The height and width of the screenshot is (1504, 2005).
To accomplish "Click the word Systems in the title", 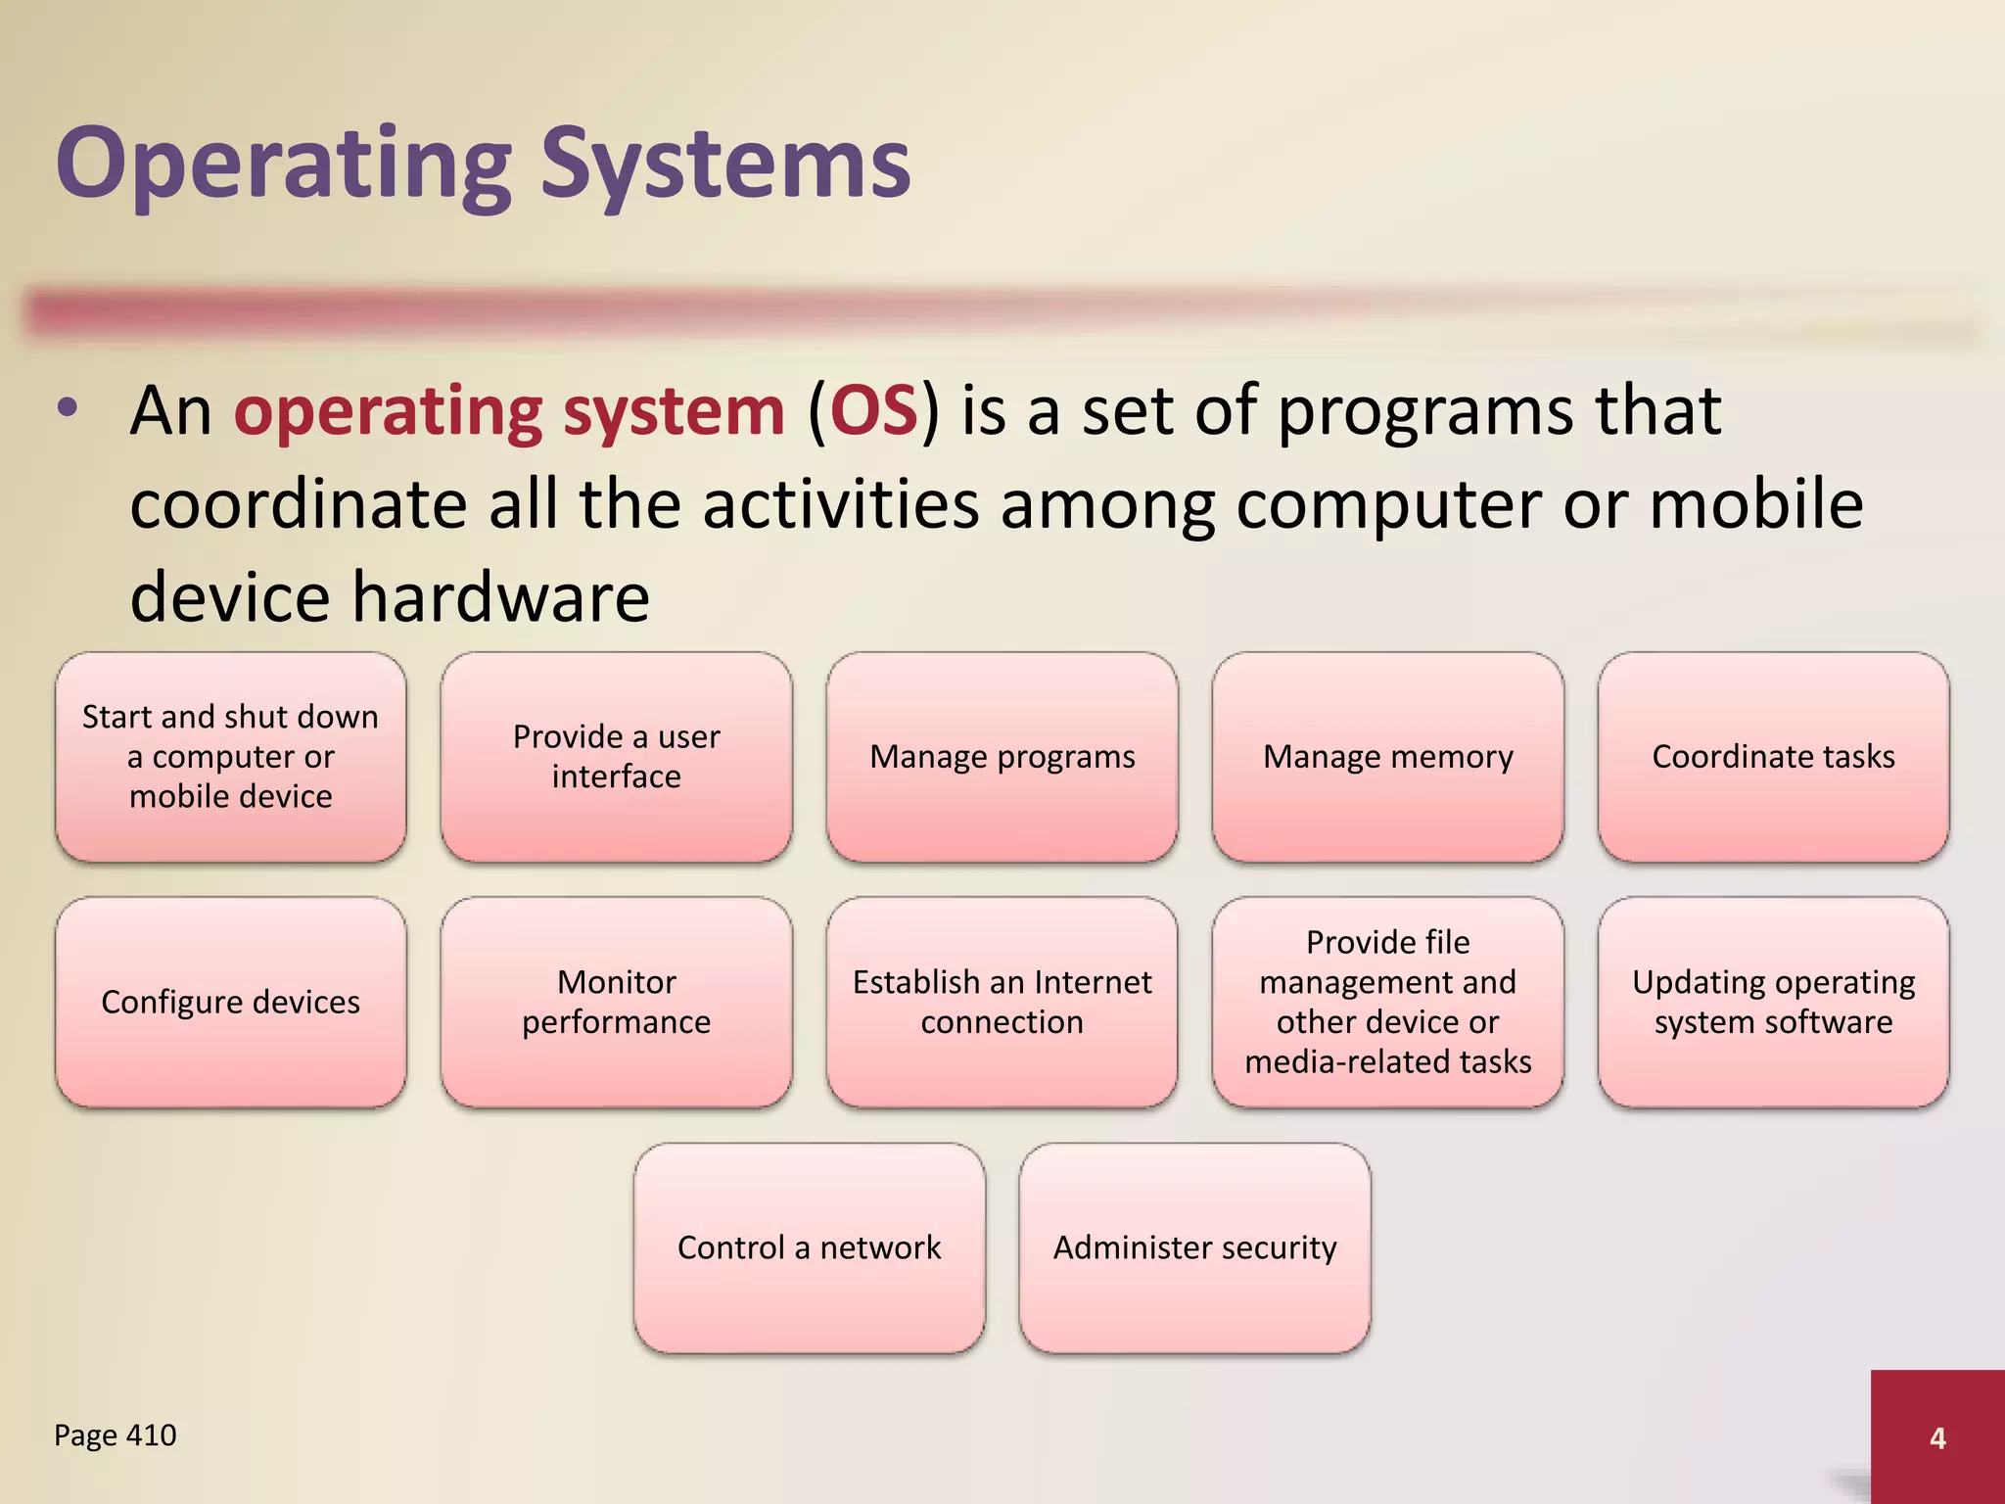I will [725, 164].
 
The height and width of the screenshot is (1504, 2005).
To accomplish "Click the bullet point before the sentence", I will [67, 409].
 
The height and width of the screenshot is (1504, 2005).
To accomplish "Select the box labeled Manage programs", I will [1002, 757].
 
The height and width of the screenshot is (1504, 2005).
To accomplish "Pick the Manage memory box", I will [1387, 757].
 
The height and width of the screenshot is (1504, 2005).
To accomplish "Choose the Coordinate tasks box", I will [1773, 757].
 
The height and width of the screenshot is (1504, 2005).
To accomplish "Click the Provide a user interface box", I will [616, 757].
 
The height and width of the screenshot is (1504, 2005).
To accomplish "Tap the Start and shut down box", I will [230, 757].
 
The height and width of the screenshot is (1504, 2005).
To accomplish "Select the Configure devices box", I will [230, 1002].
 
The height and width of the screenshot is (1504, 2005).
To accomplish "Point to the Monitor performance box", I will [616, 1002].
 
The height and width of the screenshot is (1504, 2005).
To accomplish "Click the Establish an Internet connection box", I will [1002, 1002].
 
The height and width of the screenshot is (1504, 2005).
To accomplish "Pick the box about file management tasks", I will [1387, 1002].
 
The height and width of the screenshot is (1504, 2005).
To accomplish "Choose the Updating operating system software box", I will [1773, 1002].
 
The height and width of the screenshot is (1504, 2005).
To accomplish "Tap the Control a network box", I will [809, 1247].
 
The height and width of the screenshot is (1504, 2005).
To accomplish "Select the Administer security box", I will [1194, 1247].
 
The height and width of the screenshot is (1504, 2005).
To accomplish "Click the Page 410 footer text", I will [115, 1435].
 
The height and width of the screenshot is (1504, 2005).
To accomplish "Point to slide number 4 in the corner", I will [1936, 1437].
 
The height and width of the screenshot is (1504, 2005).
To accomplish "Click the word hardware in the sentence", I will [500, 597].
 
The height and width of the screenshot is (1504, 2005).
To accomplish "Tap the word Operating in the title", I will [284, 164].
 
